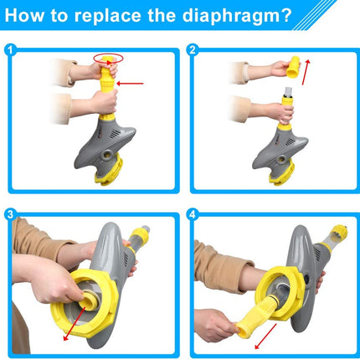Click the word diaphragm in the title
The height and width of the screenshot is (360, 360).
228,16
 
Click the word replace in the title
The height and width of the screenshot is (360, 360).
108,16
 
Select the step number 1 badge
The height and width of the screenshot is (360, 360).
11,50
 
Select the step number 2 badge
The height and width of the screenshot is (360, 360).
193,50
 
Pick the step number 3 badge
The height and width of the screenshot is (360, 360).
11,214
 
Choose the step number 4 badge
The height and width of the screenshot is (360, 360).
193,214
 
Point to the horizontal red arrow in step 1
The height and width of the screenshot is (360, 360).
130,83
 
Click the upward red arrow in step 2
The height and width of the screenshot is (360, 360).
306,72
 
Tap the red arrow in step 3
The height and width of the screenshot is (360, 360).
75,324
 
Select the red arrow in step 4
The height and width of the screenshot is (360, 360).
265,337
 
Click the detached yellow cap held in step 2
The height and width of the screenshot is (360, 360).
293,67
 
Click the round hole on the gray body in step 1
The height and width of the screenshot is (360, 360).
106,155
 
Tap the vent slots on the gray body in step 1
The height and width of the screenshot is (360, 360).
115,134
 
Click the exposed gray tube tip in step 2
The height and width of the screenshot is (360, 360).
288,91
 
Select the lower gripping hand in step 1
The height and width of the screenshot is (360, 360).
104,102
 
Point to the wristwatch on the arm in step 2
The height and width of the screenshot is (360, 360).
245,72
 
